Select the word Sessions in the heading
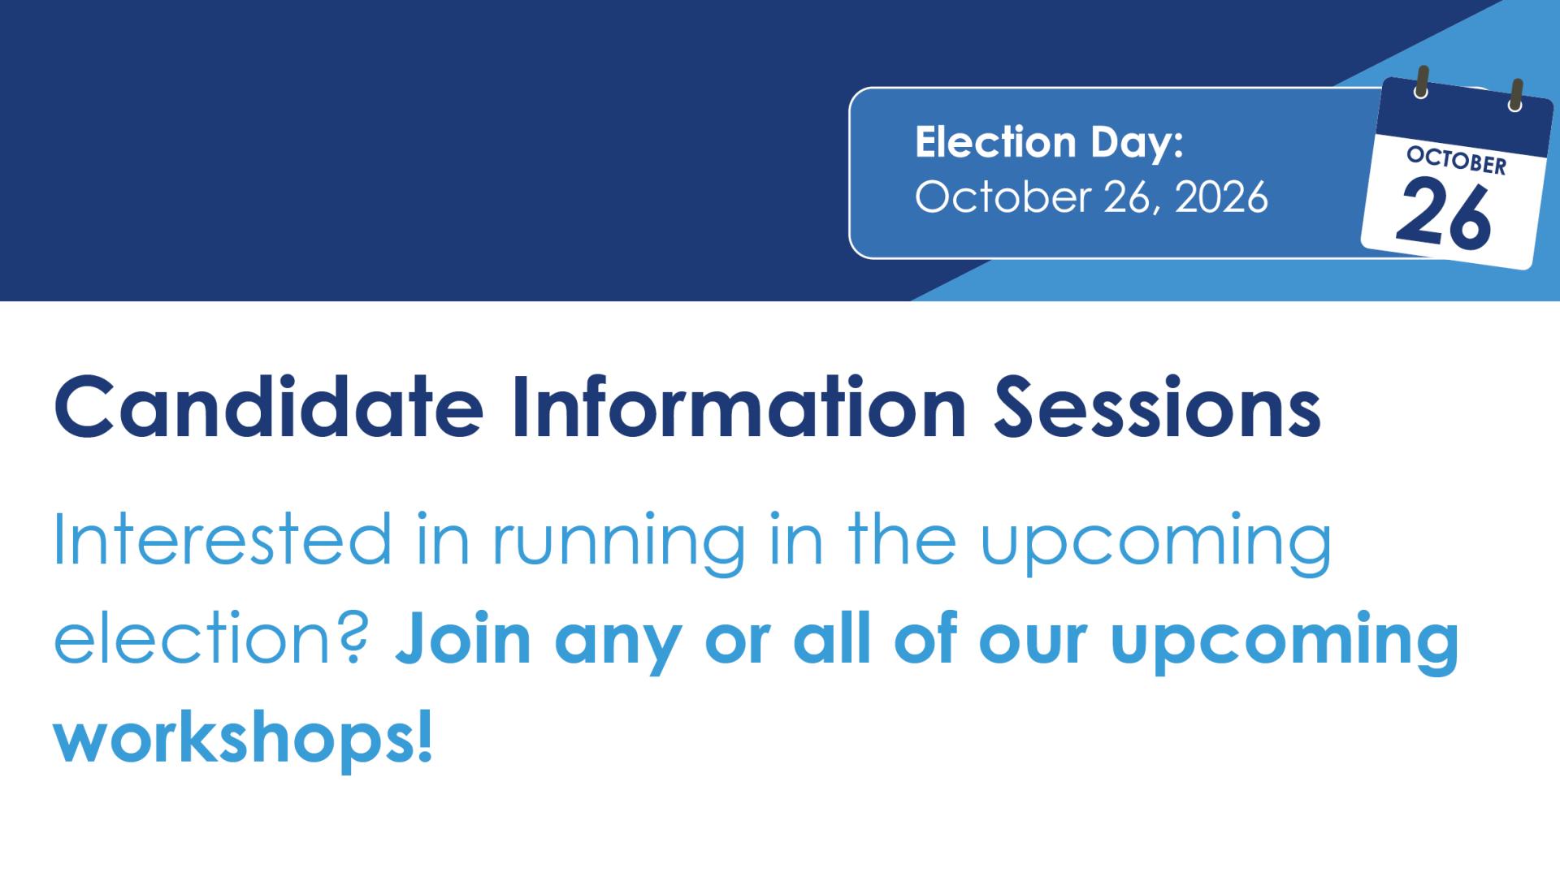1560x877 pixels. coord(1157,406)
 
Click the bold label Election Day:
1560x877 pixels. coord(1049,143)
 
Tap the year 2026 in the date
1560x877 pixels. coord(1220,197)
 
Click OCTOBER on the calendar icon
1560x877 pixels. coord(1456,160)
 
